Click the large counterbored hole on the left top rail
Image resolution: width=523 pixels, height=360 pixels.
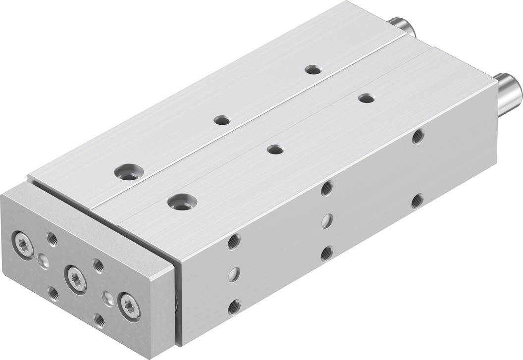tap(127, 173)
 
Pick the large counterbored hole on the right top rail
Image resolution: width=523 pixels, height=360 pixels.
tap(182, 202)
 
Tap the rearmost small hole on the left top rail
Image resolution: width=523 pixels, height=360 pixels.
tap(313, 69)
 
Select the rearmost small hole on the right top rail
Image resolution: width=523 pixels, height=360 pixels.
tap(366, 98)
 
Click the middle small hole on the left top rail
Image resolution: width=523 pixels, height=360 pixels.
tap(221, 119)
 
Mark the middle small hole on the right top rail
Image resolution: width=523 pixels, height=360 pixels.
tap(275, 149)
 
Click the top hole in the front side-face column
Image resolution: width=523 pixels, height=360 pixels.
tap(234, 242)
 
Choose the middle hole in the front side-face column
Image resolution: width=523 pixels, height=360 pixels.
tap(234, 274)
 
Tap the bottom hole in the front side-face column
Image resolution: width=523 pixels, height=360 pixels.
tap(234, 307)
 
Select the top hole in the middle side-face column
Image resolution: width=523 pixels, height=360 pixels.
tap(326, 189)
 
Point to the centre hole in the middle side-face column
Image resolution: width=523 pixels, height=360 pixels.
tap(326, 221)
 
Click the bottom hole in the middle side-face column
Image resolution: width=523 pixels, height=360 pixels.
tap(326, 253)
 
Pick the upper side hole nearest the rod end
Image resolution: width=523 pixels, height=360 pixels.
tap(418, 136)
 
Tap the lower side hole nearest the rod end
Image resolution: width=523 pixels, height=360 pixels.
tap(418, 201)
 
